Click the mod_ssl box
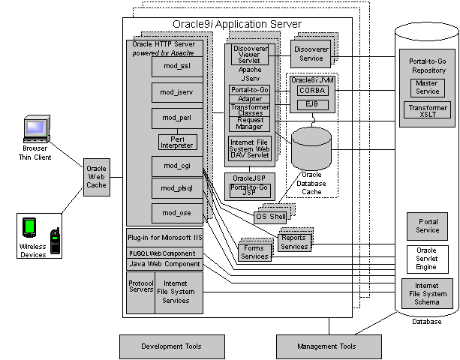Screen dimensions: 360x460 coord(176,67)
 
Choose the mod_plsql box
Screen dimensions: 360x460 coord(176,187)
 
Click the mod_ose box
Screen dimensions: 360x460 coord(176,213)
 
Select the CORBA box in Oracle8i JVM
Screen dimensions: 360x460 coord(311,91)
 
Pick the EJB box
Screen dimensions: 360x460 coord(311,105)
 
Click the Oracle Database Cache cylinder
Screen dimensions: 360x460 coord(311,150)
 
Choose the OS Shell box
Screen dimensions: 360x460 coord(271,217)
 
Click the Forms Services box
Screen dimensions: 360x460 coord(254,252)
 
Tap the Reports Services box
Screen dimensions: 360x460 coord(293,241)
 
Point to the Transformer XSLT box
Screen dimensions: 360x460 coord(428,112)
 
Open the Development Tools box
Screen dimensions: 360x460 coord(161,346)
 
